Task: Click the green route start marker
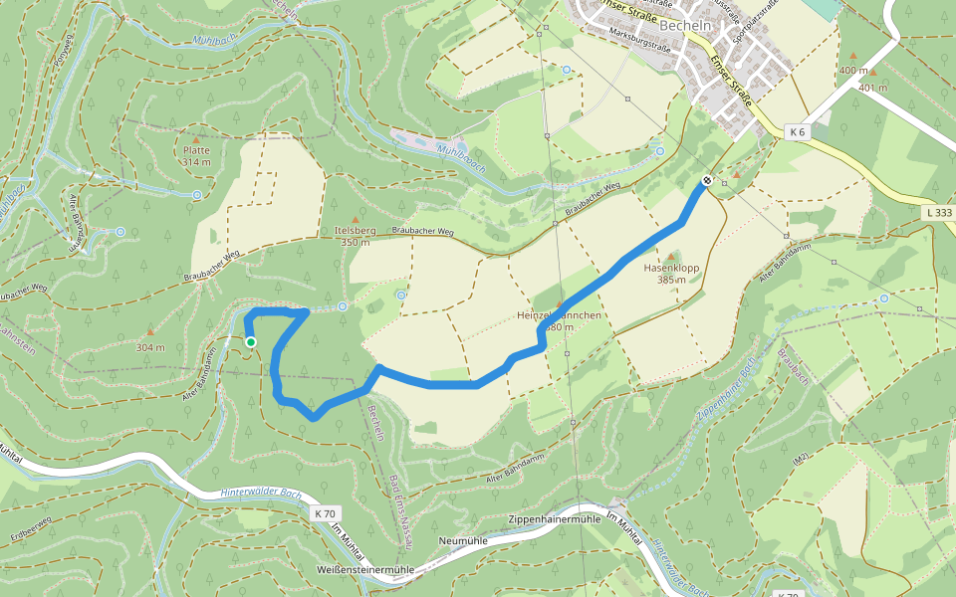point(251,342)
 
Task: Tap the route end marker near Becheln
point(706,180)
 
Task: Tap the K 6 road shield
point(797,131)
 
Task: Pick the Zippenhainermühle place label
point(554,520)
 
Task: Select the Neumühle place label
point(460,541)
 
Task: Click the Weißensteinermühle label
point(364,569)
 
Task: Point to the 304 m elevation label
point(150,347)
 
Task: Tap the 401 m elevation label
point(872,88)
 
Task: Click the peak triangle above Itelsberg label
point(356,218)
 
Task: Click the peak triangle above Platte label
point(196,139)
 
